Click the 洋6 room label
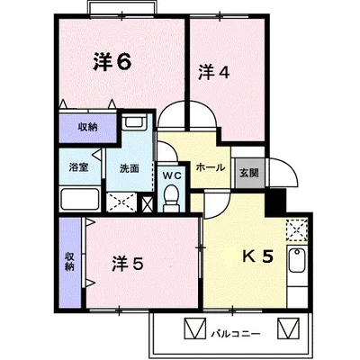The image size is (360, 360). click(x=112, y=62)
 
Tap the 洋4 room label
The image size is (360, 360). click(x=214, y=72)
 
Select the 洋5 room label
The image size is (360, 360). click(x=128, y=264)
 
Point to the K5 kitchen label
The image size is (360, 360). click(x=258, y=256)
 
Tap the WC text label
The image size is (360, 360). click(x=172, y=175)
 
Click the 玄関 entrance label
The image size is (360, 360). click(x=249, y=173)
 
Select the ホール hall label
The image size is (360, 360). click(x=211, y=167)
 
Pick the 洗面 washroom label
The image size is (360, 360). click(x=130, y=168)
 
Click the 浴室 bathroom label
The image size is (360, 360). click(x=78, y=167)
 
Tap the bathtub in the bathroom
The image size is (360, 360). click(x=80, y=199)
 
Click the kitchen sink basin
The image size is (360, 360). click(x=297, y=260)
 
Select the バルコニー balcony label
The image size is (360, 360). click(x=235, y=333)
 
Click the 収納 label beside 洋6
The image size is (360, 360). click(x=88, y=127)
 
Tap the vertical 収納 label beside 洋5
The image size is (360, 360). click(x=69, y=262)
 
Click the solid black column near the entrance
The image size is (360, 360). click(x=275, y=202)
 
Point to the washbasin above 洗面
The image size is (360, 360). click(x=134, y=122)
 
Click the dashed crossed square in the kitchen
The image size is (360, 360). click(x=297, y=230)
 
